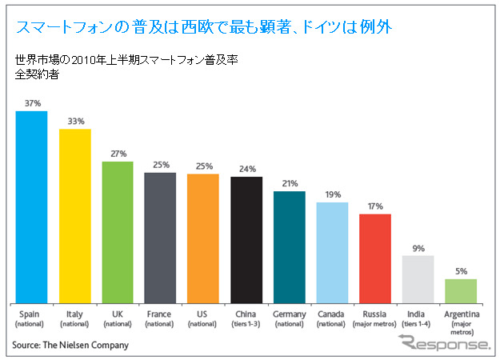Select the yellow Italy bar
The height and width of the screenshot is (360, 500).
(x=74, y=215)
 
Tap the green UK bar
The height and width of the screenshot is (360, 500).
(x=117, y=232)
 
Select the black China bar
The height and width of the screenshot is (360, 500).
(x=246, y=239)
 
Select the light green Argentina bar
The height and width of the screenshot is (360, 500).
(x=461, y=290)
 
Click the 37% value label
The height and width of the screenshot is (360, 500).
(x=31, y=103)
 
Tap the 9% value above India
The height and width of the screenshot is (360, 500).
(x=418, y=248)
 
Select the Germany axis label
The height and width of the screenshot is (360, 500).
(x=289, y=319)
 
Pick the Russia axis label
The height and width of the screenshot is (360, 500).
(x=374, y=319)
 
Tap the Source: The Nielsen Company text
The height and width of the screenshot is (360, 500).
(x=70, y=346)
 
